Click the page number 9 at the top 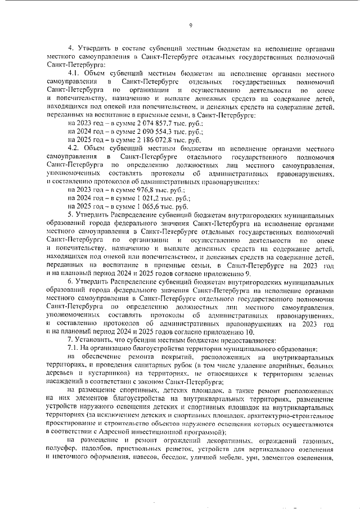pos(191,25)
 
